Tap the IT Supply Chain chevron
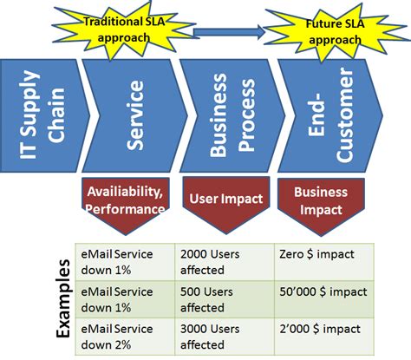39,115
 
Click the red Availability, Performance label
125,202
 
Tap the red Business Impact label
322,200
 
